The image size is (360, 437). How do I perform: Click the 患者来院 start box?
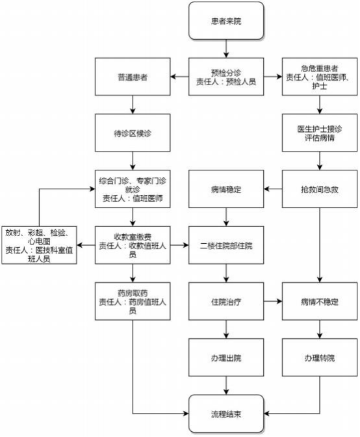(x=226, y=21)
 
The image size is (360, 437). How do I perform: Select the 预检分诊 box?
(x=226, y=77)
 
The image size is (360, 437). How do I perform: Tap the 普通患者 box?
(x=133, y=77)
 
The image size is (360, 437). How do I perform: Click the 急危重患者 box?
(x=320, y=77)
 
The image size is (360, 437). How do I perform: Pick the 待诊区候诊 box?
(x=133, y=133)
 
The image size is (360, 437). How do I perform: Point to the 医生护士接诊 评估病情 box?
(x=320, y=133)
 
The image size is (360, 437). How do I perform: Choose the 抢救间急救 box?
(x=320, y=189)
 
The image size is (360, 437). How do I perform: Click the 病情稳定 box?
(x=226, y=189)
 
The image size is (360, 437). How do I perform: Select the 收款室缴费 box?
(x=133, y=245)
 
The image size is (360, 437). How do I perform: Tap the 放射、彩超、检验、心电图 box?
(x=39, y=245)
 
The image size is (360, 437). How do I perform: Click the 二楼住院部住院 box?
(x=226, y=245)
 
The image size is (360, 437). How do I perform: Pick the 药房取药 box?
(x=133, y=302)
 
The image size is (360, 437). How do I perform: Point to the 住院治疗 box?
(x=226, y=302)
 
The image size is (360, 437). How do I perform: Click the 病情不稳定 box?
(x=320, y=302)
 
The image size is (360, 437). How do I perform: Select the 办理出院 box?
(x=226, y=358)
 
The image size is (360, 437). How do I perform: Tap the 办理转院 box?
(x=320, y=358)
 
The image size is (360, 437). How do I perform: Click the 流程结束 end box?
(x=226, y=414)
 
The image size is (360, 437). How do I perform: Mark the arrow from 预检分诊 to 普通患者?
(x=179, y=77)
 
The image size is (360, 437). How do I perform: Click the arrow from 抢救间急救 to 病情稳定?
(x=273, y=189)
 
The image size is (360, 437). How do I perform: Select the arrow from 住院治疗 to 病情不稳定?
(x=273, y=301)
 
